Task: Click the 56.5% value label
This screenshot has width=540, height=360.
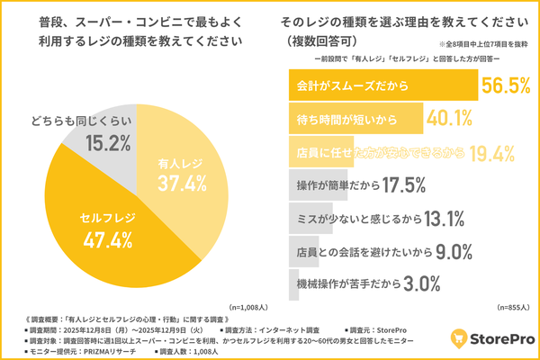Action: (x=508, y=86)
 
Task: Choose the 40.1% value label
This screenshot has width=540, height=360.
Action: (x=451, y=119)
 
